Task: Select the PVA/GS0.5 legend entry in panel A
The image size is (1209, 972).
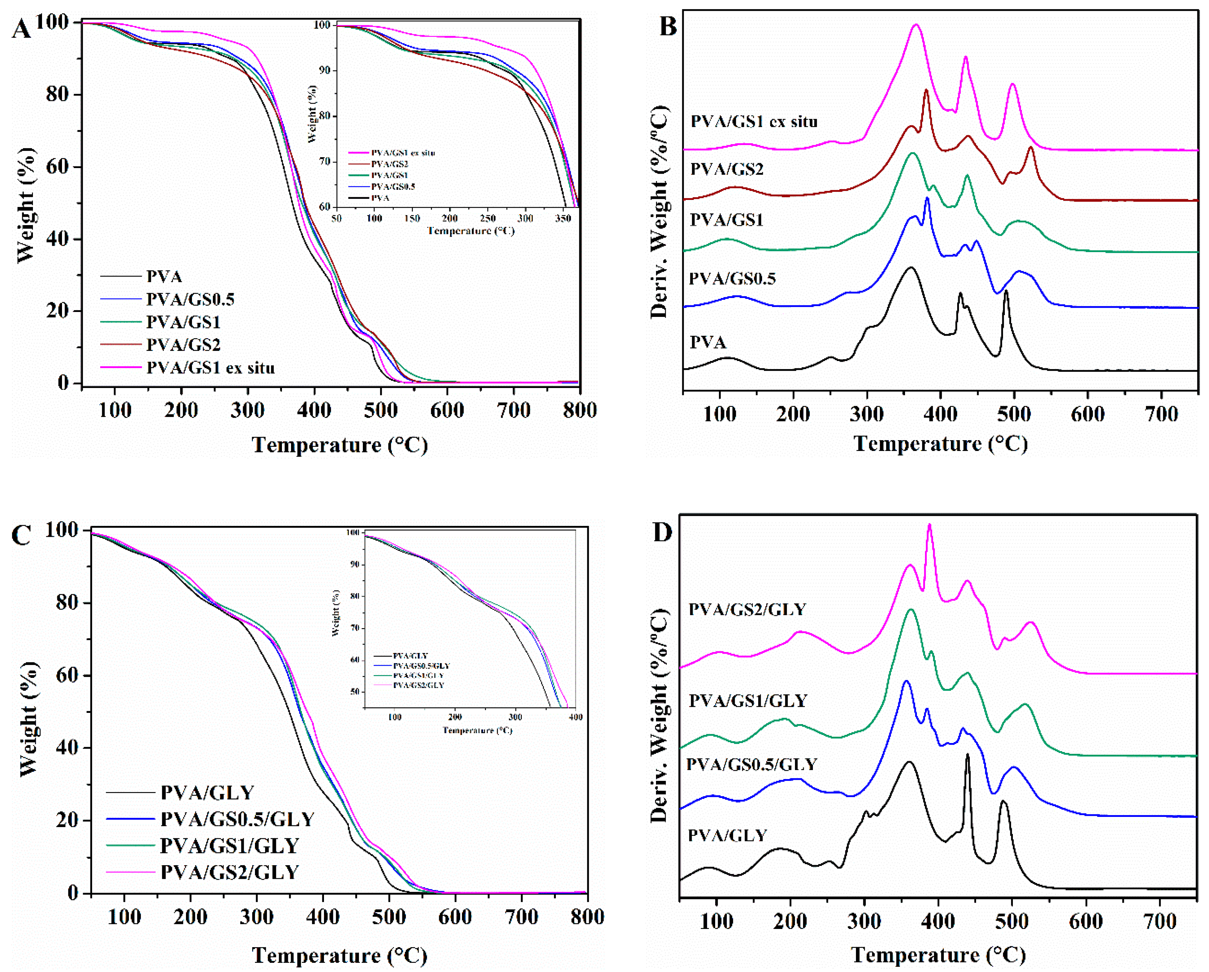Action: coord(190,299)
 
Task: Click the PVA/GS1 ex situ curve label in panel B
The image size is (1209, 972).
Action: coord(754,121)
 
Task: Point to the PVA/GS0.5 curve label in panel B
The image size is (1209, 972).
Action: coord(732,279)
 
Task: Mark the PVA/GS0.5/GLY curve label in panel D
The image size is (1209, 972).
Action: coord(751,764)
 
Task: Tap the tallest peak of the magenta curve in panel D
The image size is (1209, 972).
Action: coord(929,525)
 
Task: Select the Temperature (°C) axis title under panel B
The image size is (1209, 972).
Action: coord(940,444)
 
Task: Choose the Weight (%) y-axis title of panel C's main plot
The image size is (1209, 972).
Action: coord(28,719)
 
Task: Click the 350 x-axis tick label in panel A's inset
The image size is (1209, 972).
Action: coord(563,218)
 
